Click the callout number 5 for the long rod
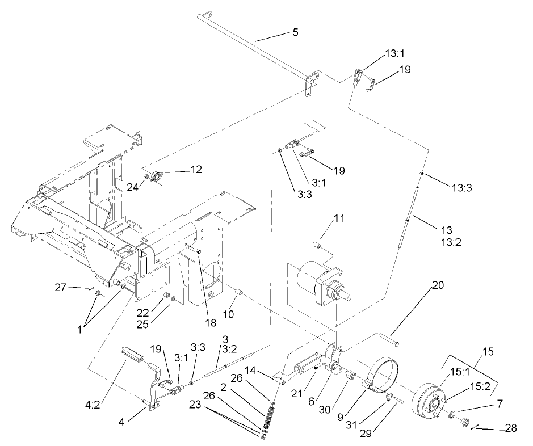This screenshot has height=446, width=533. coord(295,32)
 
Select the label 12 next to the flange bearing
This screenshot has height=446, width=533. coord(195,169)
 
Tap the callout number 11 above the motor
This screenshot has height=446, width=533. coord(324,218)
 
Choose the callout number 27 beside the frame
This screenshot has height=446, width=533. coord(61,288)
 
